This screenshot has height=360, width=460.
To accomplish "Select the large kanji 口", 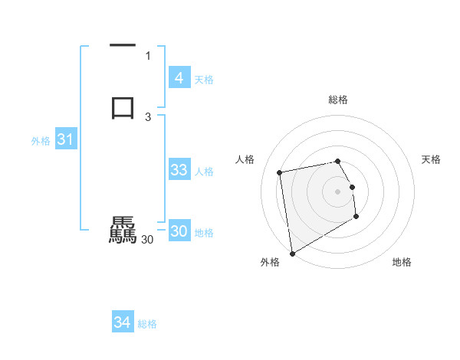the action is pos(123,106).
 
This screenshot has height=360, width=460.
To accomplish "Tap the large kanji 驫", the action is pos(123,230).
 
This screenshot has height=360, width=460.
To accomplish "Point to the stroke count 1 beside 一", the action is pos(148,55).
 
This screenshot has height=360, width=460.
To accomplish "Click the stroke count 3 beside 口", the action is pos(148,116).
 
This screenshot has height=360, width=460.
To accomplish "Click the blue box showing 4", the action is pos(179,78).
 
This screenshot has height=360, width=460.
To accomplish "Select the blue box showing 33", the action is pos(179,170).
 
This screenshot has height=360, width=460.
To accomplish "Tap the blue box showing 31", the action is pos(65,140).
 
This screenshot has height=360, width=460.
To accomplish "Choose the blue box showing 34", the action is pos(122,322).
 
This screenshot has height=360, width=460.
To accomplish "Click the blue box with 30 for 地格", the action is pos(179,231).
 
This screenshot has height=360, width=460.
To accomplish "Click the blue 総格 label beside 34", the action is pos(147,324).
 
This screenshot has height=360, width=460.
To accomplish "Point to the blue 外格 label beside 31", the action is pos(41,141).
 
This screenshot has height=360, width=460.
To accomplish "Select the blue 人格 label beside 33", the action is pos(204,172).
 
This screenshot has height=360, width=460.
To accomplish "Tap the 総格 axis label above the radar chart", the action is pos(338,100).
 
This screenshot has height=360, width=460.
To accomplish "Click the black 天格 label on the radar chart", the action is pos(432,159).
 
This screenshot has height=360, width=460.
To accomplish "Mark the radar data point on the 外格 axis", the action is pos(292,253).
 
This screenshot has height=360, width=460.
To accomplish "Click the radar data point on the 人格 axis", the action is pos(280,172).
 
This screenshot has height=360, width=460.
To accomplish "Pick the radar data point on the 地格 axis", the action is pos(356,217).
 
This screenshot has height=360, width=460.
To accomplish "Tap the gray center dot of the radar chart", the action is pos(338,191).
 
